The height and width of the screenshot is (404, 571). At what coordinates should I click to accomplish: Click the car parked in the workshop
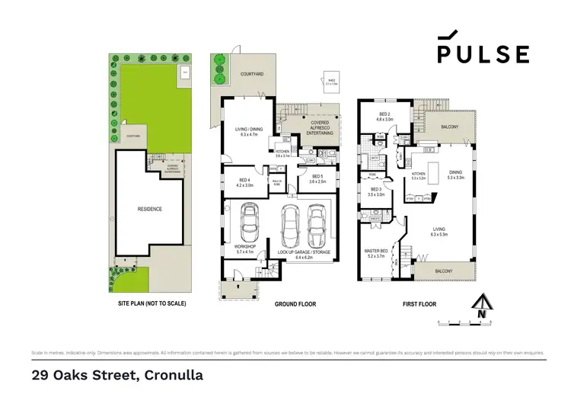click(249, 223)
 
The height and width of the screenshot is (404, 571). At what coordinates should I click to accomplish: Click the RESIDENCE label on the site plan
click(149, 208)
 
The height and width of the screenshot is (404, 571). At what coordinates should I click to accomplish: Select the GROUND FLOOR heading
click(294, 303)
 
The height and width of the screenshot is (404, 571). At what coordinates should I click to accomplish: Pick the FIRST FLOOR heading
click(419, 303)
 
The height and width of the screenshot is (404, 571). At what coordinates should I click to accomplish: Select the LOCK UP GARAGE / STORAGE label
click(302, 252)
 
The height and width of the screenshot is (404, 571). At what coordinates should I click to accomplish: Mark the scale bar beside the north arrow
click(465, 323)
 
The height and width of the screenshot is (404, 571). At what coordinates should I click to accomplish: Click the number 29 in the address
click(40, 375)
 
